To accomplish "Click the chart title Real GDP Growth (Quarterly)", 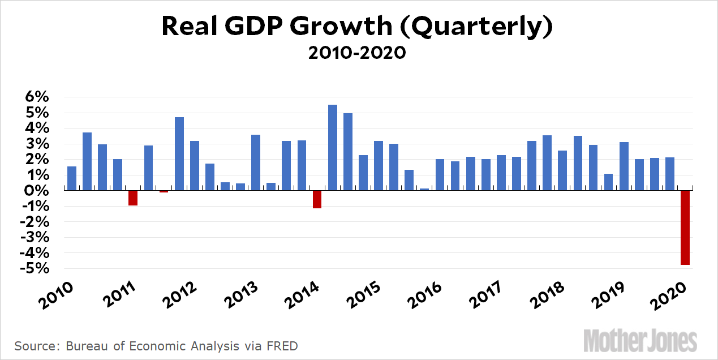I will pyautogui.click(x=357, y=27).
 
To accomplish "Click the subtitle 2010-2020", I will pyautogui.click(x=357, y=53).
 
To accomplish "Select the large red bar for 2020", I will pyautogui.click(x=685, y=228).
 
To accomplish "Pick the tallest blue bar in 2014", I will pyautogui.click(x=333, y=148).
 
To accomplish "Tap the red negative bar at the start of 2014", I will pyautogui.click(x=317, y=199).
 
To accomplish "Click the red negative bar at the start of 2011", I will pyautogui.click(x=133, y=198).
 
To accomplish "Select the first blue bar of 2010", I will pyautogui.click(x=72, y=179).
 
